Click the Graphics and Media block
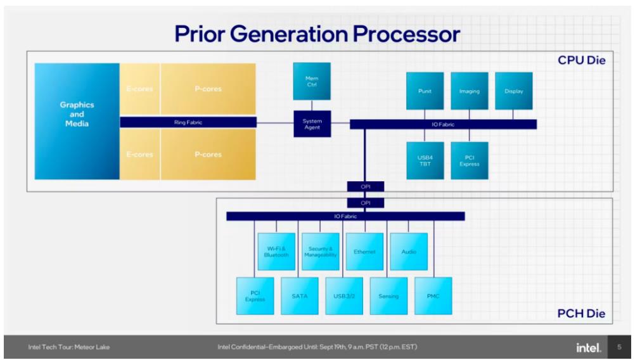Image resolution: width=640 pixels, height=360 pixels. coord(77,121)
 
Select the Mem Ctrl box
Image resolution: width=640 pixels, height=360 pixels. coord(312,81)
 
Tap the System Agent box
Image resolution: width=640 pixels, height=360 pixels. coord(312,124)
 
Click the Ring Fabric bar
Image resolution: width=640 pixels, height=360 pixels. coord(188,122)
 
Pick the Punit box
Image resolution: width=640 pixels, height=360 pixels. coord(425,91)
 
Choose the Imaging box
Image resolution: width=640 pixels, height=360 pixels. coord(470,91)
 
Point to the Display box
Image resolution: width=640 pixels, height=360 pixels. coord(514,91)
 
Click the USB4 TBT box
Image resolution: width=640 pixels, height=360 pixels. coord(425,160)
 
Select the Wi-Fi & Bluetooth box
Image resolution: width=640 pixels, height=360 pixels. coord(276,252)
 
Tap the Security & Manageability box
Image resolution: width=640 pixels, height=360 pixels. coord(321,252)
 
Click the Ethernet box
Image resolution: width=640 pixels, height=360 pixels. coord(364,252)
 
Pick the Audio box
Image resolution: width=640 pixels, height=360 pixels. coord(409,252)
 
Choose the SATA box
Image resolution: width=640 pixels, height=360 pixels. coord(300,296)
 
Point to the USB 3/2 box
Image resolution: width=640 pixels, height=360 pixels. coord(344,296)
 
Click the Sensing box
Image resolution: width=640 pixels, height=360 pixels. coord(388,296)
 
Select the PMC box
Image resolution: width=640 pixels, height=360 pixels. coord(433,296)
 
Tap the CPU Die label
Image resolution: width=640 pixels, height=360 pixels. coord(582,60)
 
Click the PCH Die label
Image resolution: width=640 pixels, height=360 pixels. coord(581,314)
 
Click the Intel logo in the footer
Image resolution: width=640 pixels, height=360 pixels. coord(589,347)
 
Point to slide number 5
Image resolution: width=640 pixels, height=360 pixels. coord(619,347)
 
